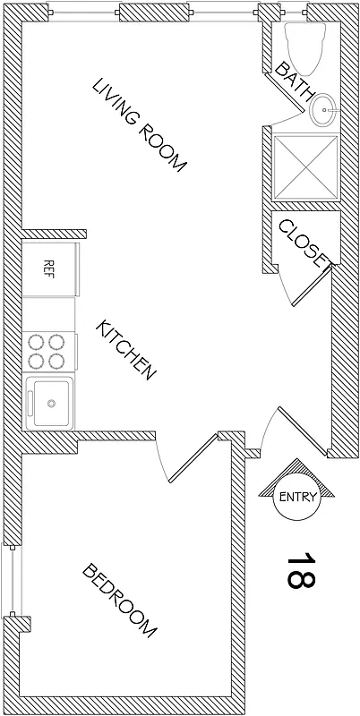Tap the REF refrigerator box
click(50, 267)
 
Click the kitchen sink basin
click(52, 404)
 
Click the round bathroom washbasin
click(324, 114)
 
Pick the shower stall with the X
click(306, 167)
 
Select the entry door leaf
click(296, 430)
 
